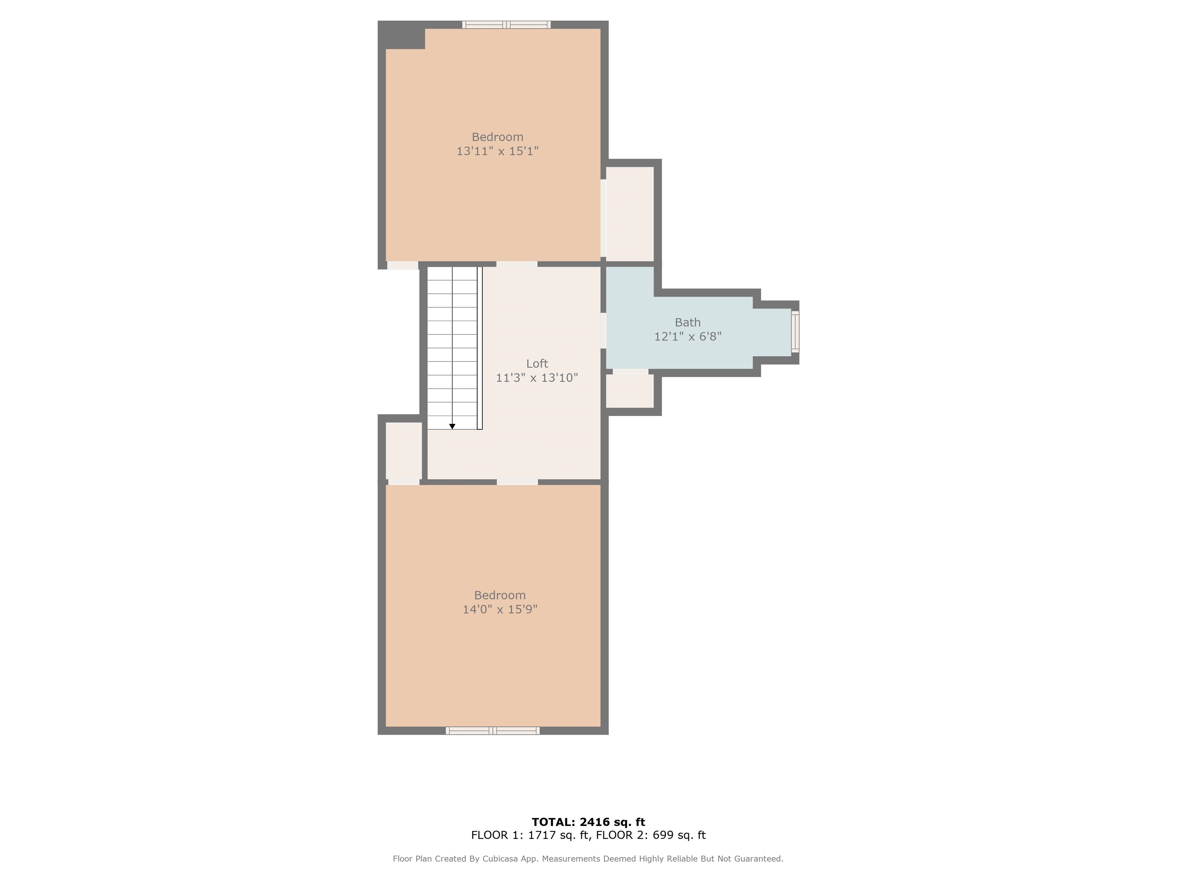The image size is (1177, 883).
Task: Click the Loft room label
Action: tap(537, 364)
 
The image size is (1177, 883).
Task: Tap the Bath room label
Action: tap(687, 323)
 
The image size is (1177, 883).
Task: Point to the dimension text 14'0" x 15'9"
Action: tap(500, 609)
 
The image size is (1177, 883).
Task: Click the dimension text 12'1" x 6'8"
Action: tap(687, 336)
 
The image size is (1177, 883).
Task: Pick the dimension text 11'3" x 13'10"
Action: tap(537, 378)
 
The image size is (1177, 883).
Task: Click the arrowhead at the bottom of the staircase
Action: tap(452, 426)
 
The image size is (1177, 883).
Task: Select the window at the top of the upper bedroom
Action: tap(507, 25)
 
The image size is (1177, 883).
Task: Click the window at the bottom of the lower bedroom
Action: tap(493, 731)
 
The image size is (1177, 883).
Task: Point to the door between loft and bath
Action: tap(603, 330)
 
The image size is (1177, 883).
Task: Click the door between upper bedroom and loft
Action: tap(517, 264)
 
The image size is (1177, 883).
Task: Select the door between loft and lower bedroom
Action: tap(517, 482)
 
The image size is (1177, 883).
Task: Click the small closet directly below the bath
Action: tap(630, 391)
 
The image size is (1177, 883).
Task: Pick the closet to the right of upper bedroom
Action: tap(630, 214)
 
